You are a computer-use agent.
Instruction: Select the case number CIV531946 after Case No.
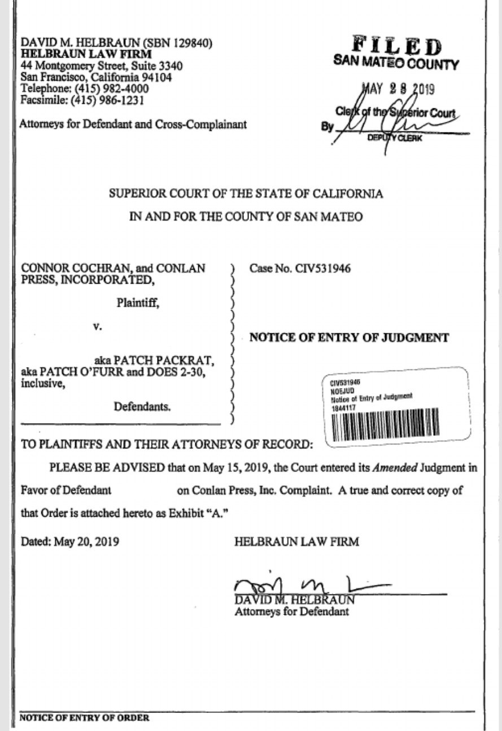click(x=322, y=268)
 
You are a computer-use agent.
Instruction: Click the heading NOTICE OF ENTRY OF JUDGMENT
click(x=349, y=338)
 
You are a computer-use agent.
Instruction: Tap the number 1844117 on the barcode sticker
click(x=341, y=407)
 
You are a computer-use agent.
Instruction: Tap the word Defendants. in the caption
click(x=142, y=406)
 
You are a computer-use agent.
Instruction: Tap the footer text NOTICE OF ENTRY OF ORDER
click(x=85, y=718)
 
